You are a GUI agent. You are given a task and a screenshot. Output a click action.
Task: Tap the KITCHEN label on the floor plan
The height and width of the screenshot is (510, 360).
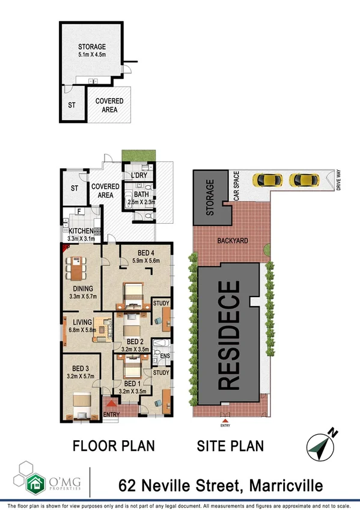click(x=81, y=231)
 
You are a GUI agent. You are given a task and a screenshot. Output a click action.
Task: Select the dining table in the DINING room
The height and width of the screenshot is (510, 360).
click(x=77, y=268)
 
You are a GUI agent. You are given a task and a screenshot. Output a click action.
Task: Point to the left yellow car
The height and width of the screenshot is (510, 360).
click(x=268, y=180)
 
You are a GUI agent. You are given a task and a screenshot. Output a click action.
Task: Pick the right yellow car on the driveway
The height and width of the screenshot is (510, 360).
click(x=304, y=180)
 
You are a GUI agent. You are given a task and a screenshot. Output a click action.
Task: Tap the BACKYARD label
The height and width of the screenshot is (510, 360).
click(x=231, y=241)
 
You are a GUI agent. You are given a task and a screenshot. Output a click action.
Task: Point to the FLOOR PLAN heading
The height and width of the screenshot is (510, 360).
click(x=114, y=446)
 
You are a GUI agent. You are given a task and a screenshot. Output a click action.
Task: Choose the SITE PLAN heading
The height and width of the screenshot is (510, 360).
click(x=231, y=446)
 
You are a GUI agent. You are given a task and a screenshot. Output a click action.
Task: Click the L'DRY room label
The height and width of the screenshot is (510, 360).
click(x=140, y=176)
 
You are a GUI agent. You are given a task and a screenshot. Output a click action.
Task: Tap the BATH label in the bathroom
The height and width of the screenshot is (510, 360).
click(x=142, y=195)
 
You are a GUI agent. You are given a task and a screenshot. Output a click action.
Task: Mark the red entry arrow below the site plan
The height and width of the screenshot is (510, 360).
click(x=225, y=420)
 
